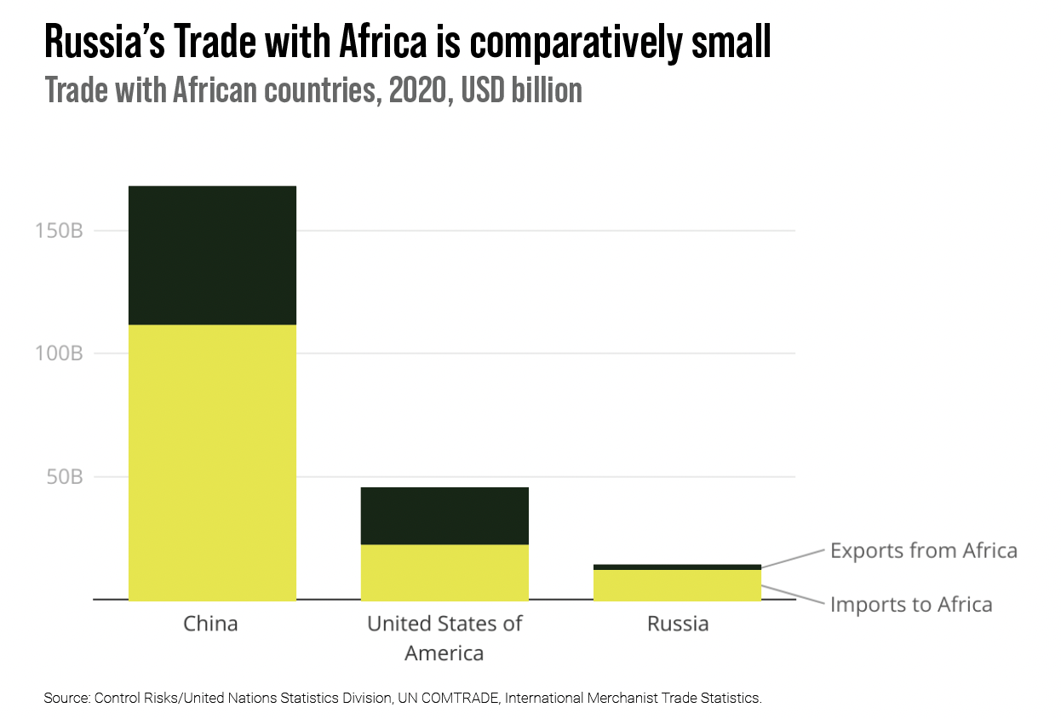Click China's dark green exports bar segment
click(x=212, y=255)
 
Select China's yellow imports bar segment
click(x=212, y=463)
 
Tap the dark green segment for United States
click(x=444, y=515)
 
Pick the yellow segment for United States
click(x=444, y=572)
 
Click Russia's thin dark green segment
click(x=677, y=567)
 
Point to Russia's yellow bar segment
click(x=677, y=585)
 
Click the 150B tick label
click(x=60, y=231)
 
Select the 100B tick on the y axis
click(x=60, y=354)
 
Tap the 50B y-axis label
click(x=65, y=477)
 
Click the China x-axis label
click(x=210, y=624)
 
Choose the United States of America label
click(x=444, y=638)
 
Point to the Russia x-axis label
click(x=678, y=624)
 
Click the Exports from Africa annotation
click(x=924, y=550)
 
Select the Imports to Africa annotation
click(x=911, y=605)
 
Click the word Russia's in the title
click(x=105, y=42)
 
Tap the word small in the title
click(x=731, y=42)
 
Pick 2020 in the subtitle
click(x=418, y=90)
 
